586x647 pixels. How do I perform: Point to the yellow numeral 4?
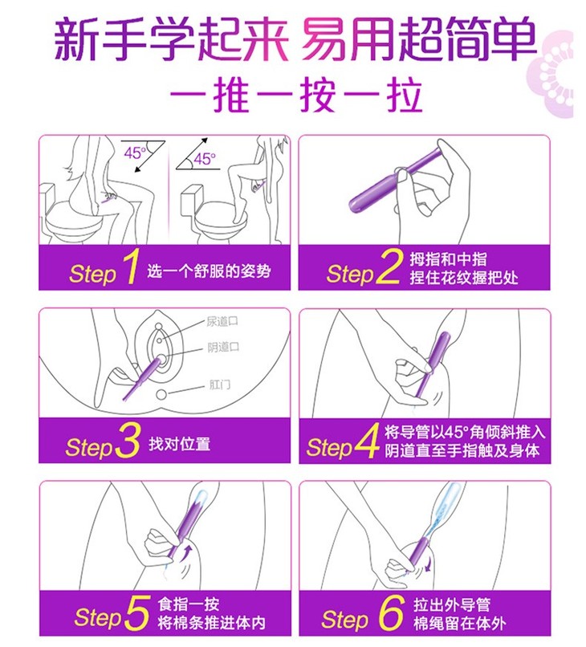coord(367,440)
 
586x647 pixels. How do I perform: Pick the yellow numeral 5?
coord(136,612)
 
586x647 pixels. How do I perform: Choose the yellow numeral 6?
coord(391,612)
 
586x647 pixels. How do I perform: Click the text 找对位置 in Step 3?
coord(180,445)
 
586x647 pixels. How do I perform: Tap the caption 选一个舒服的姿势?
coord(209,271)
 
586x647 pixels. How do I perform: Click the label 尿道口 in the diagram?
coord(222,321)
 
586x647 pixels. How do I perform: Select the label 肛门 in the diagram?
coord(220,385)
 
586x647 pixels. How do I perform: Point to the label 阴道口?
coord(223,348)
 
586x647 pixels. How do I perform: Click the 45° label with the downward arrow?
coord(135,153)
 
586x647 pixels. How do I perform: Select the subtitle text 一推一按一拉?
coord(296,96)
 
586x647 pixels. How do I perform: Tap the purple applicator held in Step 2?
coord(394,181)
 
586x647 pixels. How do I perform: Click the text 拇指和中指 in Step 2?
coord(448,259)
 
